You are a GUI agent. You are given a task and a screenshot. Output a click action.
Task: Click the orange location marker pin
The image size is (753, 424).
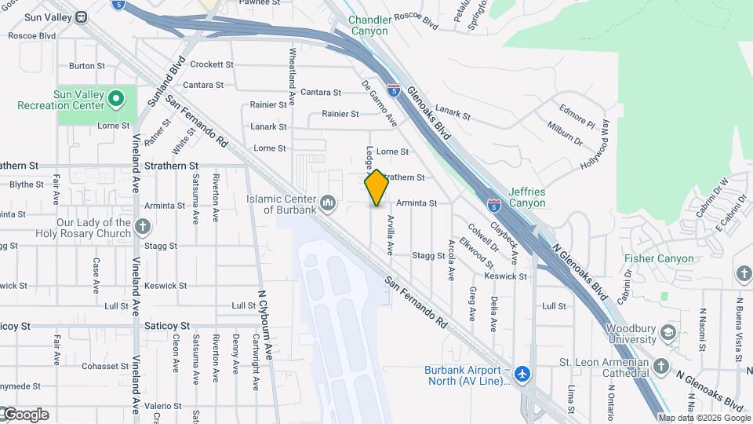[x=376, y=188]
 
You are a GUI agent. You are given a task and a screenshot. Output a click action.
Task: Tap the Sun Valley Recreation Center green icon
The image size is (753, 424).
[x=117, y=99]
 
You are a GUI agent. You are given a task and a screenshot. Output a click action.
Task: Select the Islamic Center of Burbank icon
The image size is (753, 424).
[x=329, y=204]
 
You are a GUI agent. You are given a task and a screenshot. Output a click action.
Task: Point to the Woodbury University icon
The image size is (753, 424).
[x=668, y=333]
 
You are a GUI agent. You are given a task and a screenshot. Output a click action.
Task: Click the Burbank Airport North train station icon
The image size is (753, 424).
[x=523, y=375]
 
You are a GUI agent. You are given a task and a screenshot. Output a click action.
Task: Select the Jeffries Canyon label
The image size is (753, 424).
[x=526, y=197]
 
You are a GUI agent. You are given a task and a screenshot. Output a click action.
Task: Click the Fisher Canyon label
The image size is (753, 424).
[x=659, y=258]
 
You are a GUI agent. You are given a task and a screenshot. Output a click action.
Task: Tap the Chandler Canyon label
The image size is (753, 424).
[x=368, y=25]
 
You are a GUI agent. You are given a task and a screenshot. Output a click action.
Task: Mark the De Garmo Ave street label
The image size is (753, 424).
[x=380, y=103]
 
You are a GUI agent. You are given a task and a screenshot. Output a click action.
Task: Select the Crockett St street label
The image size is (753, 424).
[x=212, y=64]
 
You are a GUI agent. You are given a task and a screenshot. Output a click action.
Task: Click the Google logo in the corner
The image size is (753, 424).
[x=25, y=415]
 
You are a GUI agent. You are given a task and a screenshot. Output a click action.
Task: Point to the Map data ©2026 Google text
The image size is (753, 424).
[x=704, y=419]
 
